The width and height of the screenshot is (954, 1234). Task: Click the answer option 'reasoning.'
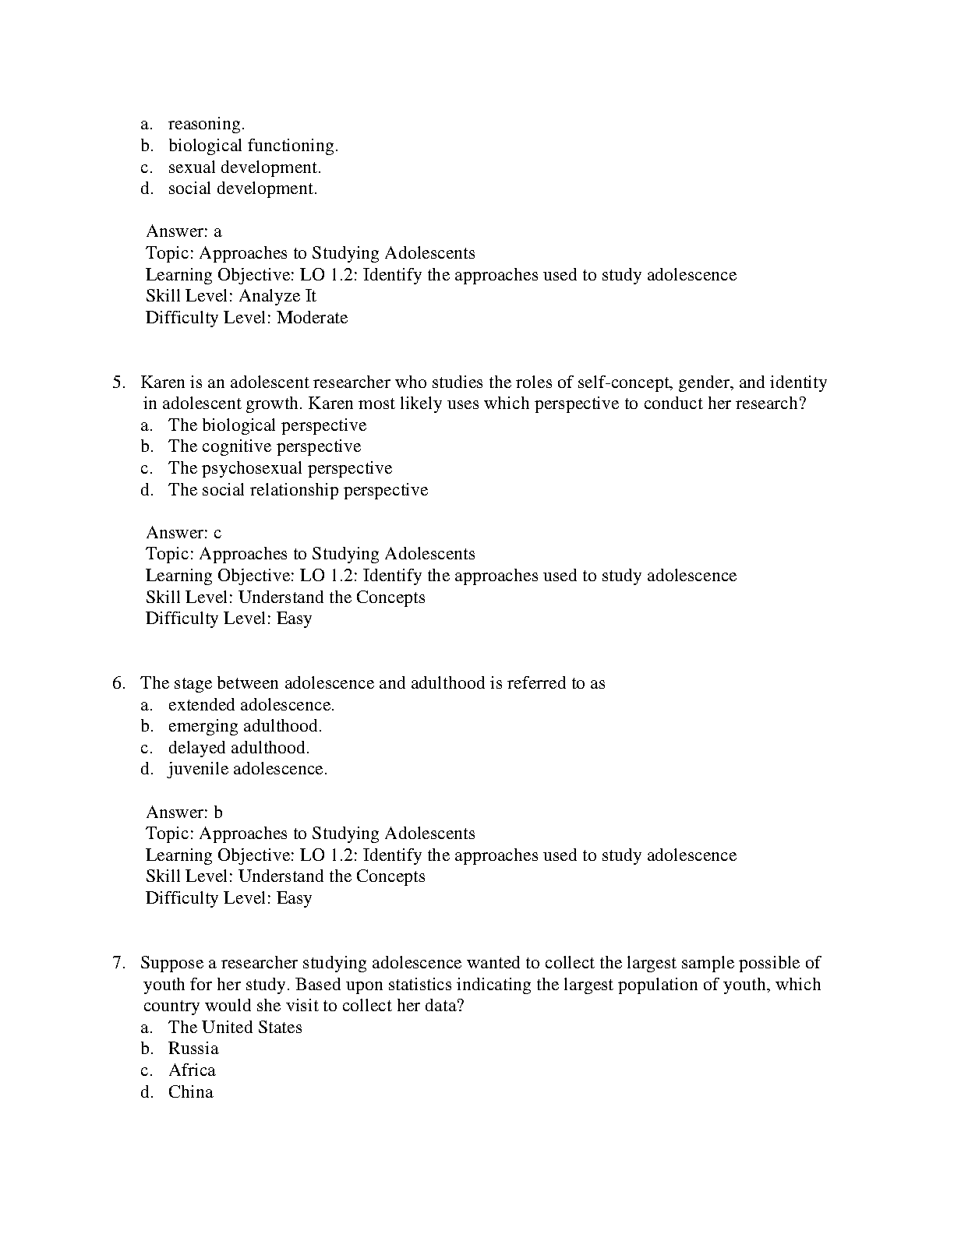pyautogui.click(x=207, y=124)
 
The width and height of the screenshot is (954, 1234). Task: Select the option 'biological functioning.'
pyautogui.click(x=253, y=146)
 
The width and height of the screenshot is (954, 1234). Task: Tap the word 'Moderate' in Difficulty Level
pyautogui.click(x=312, y=318)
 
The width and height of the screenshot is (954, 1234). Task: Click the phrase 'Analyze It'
pyautogui.click(x=277, y=296)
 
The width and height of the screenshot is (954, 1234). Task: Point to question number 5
pyautogui.click(x=118, y=383)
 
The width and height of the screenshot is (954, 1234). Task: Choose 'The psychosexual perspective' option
pyautogui.click(x=280, y=468)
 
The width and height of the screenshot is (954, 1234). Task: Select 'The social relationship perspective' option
pyautogui.click(x=298, y=490)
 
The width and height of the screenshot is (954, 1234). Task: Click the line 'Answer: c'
pyautogui.click(x=184, y=533)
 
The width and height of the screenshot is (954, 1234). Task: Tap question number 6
pyautogui.click(x=118, y=683)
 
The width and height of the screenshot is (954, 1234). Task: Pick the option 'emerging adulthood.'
pyautogui.click(x=245, y=726)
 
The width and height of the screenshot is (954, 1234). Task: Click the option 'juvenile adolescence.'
pyautogui.click(x=248, y=769)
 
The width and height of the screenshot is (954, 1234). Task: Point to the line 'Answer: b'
pyautogui.click(x=185, y=813)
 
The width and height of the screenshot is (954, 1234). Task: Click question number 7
pyautogui.click(x=118, y=963)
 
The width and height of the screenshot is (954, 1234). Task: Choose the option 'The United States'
pyautogui.click(x=235, y=1028)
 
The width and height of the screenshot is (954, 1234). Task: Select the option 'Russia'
pyautogui.click(x=193, y=1049)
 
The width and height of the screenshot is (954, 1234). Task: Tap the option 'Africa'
pyautogui.click(x=192, y=1070)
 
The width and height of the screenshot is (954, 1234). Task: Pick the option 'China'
pyautogui.click(x=190, y=1092)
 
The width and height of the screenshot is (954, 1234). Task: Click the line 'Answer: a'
pyautogui.click(x=184, y=231)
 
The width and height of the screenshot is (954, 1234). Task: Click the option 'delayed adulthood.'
pyautogui.click(x=238, y=748)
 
